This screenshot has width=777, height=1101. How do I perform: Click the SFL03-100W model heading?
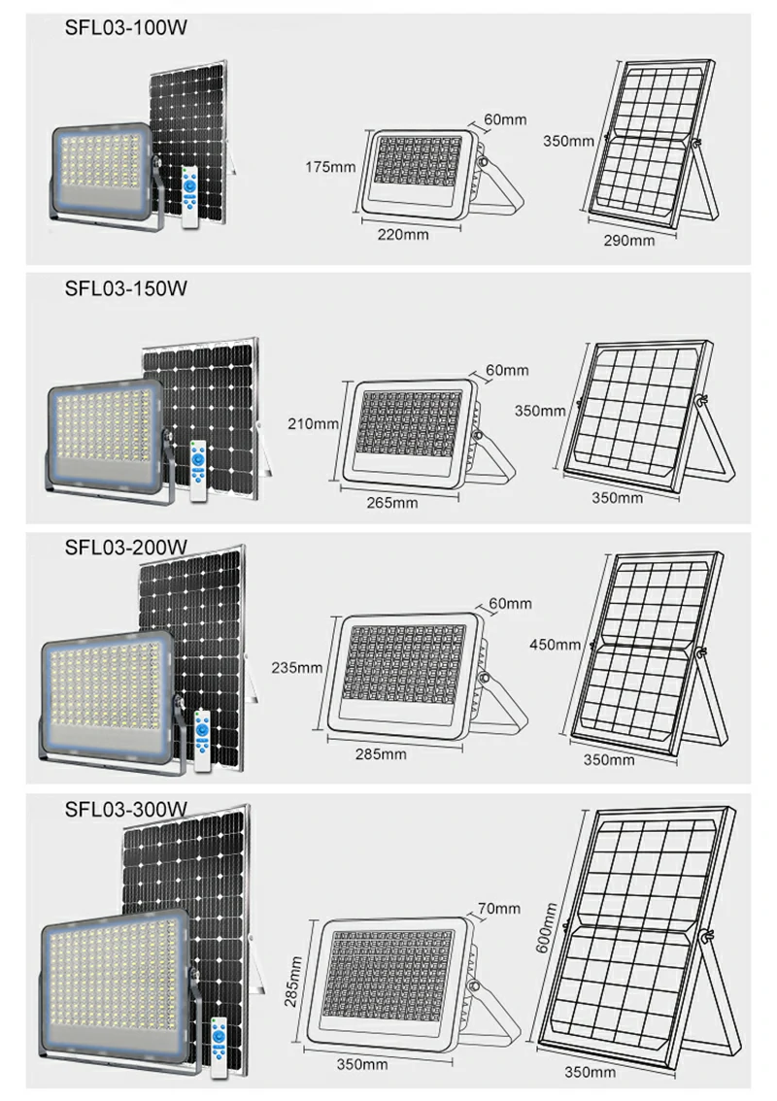coord(125,28)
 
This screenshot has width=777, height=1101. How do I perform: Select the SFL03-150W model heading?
coord(125,288)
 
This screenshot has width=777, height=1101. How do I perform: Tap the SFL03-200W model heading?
coord(125,547)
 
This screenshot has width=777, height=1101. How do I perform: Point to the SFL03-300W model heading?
coord(125,809)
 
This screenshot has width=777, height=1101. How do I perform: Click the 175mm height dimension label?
coord(330,167)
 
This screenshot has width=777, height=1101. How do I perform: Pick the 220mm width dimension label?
coord(403,235)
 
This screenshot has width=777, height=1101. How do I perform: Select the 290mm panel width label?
coord(629,240)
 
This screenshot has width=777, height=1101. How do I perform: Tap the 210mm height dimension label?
coord(314,423)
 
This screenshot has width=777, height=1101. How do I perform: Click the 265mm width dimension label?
coord(392,503)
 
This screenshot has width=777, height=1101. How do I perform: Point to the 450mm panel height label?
coord(555,644)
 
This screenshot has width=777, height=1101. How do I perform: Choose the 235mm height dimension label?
coord(297,667)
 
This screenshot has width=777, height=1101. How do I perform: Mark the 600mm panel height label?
coord(547,927)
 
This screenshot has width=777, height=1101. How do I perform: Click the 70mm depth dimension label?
coord(499,908)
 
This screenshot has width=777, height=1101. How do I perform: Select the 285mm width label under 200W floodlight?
coord(381,754)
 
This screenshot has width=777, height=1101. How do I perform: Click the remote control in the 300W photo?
coord(220,1048)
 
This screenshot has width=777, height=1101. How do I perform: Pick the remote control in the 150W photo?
coord(200,471)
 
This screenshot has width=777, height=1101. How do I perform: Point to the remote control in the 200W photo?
coord(202,741)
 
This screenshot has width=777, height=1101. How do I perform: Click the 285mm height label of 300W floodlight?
coord(293,981)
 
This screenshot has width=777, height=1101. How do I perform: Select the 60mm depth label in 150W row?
coord(507,370)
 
